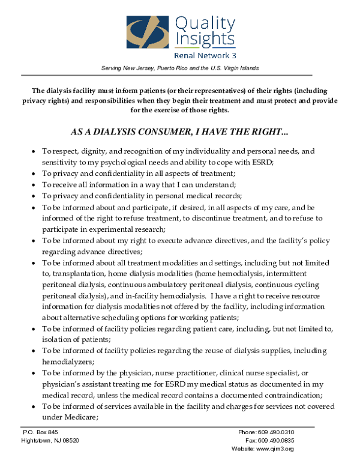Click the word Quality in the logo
pos(204,23)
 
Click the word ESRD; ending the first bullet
pos(262,162)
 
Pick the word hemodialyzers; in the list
pos(68,362)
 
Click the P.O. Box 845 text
pos(41,432)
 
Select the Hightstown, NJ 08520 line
pos(50,440)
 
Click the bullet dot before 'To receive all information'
pos(33,184)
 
